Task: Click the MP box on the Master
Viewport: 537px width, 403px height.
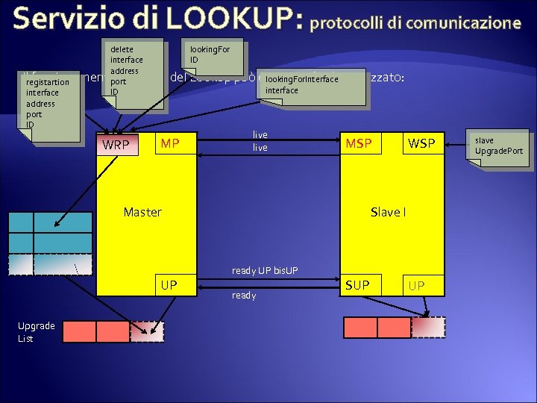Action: point(170,143)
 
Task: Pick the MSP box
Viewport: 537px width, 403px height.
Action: point(359,143)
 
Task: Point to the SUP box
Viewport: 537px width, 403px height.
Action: point(357,285)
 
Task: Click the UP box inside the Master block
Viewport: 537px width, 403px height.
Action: point(169,285)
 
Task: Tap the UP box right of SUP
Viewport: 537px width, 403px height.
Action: point(416,285)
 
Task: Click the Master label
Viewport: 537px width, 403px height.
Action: point(142,212)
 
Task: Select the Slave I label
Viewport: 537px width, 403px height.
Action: point(388,212)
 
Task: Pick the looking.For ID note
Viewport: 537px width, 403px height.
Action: point(214,54)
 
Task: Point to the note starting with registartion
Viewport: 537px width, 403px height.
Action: point(51,103)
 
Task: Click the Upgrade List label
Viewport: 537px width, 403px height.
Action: point(37,332)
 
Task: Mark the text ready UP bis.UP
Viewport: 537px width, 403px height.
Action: point(265,269)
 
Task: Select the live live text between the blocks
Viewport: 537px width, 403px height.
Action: point(260,141)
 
